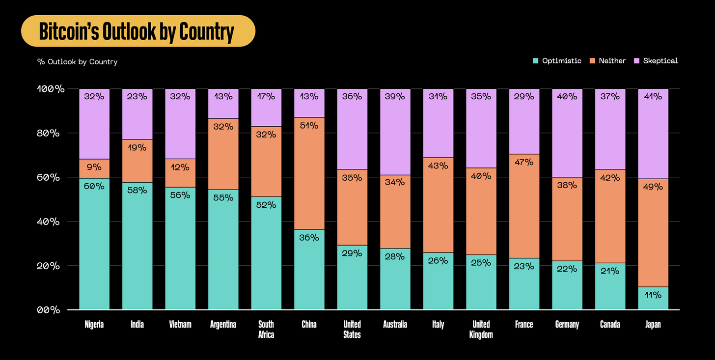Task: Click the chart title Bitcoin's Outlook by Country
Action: pos(137,31)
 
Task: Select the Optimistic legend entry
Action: pos(557,60)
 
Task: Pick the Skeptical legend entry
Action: pos(656,60)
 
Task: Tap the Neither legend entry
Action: pos(607,60)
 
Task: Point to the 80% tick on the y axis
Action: pos(48,133)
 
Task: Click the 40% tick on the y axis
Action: pos(48,222)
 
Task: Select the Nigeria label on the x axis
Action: pos(94,325)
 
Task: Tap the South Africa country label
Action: pos(266,330)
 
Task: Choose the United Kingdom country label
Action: pos(481,330)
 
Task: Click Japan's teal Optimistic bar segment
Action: pos(653,298)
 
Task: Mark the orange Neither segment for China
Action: pos(309,174)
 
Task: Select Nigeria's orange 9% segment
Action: pos(94,168)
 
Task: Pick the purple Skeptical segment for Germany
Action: pos(567,133)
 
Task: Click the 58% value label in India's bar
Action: pos(137,191)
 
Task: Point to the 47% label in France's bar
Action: pos(524,163)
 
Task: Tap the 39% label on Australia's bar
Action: pos(395,96)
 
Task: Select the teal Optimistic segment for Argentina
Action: pos(223,249)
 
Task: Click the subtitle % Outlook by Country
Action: pos(77,61)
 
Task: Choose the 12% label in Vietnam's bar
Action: pos(180,167)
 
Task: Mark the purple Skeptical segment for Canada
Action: pos(610,129)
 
